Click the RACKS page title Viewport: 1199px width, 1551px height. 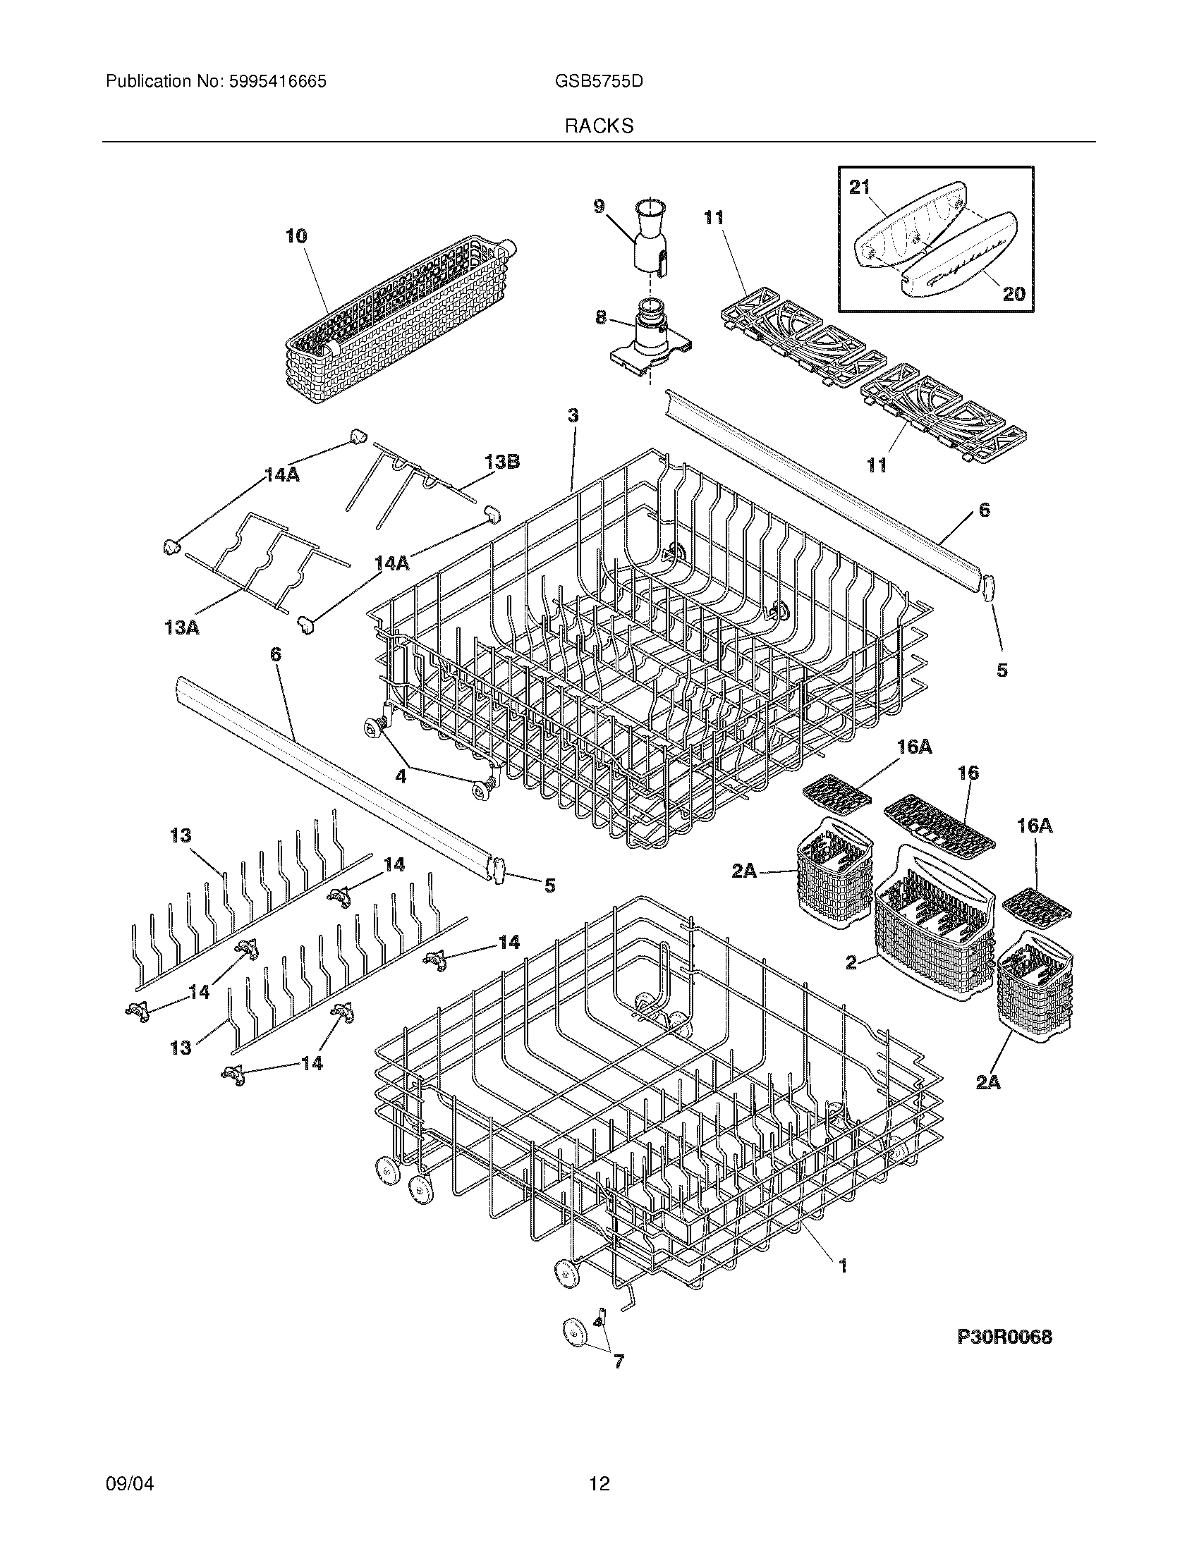point(599,126)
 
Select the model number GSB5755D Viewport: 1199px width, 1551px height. point(599,82)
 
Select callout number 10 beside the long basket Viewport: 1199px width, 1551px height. point(296,235)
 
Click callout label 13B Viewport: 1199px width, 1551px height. point(502,462)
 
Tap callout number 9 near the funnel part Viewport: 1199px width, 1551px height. point(599,207)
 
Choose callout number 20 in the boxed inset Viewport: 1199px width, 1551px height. point(1014,293)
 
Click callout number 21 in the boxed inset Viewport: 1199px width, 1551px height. point(860,187)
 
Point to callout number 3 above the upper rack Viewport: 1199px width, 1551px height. point(573,416)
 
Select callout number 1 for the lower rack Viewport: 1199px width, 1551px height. point(842,1265)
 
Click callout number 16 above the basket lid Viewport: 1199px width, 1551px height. point(968,773)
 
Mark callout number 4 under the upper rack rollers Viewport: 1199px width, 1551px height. point(401,776)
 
